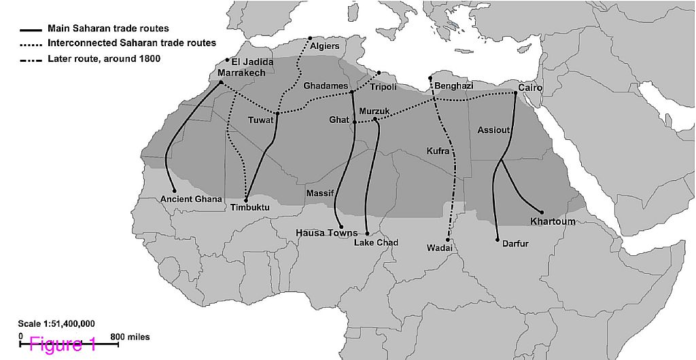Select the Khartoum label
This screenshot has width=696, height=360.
click(553, 221)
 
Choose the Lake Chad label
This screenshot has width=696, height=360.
click(376, 242)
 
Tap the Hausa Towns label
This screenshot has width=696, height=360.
click(326, 233)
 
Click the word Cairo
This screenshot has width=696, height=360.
click(530, 88)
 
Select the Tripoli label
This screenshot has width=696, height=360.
click(382, 87)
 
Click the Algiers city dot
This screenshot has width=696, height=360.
click(310, 38)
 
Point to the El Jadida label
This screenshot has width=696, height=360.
click(253, 62)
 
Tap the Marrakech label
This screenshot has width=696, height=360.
click(241, 73)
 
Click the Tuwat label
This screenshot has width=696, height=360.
click(260, 120)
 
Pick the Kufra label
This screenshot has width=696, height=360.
click(438, 151)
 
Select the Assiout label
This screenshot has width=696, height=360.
click(493, 130)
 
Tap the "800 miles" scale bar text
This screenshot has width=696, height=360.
click(129, 337)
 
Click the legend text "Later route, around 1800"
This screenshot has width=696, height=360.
click(104, 59)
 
